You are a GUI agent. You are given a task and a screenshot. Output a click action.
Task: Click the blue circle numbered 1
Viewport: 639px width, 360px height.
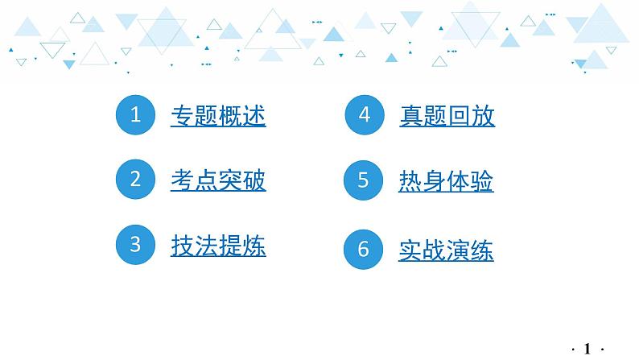click(135, 115)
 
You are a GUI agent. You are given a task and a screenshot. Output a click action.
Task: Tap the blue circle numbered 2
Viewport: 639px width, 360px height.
click(135, 180)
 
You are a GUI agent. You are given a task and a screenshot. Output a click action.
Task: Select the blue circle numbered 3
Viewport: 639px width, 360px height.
click(135, 245)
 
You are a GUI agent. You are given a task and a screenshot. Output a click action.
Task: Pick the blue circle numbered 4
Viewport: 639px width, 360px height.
click(364, 115)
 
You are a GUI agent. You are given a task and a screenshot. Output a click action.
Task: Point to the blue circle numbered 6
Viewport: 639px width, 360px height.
click(364, 250)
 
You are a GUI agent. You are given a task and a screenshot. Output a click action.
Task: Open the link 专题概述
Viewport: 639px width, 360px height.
click(218, 116)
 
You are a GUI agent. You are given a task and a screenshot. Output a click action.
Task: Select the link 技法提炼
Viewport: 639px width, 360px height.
click(218, 246)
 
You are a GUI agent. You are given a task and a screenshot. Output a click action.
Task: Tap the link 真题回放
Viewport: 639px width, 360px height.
click(447, 116)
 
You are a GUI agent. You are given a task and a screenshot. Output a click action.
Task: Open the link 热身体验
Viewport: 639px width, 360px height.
click(446, 181)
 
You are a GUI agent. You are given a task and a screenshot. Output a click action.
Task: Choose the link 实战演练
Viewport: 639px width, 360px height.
click(446, 250)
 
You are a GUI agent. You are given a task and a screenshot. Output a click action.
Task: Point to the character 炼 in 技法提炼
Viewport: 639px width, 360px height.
click(254, 246)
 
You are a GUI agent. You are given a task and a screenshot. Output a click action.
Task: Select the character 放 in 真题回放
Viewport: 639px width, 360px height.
click(483, 116)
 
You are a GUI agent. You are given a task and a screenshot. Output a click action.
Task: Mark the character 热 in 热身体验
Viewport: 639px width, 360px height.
click(410, 181)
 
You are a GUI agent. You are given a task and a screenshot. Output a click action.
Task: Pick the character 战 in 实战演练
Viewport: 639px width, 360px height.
click(435, 250)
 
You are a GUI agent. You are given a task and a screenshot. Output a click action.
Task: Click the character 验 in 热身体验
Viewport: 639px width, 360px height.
click(482, 181)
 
